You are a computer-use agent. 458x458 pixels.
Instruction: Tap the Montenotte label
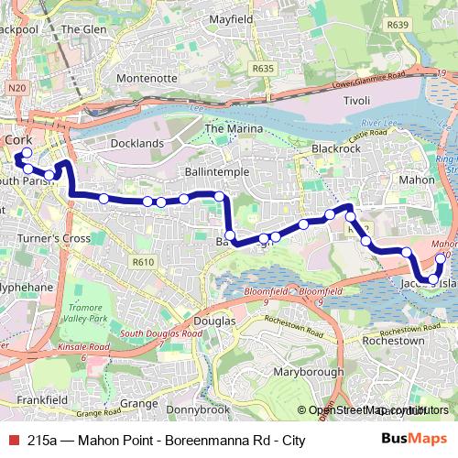(146, 79)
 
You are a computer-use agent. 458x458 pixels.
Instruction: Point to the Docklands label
(136, 143)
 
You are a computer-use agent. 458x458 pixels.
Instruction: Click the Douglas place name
(216, 322)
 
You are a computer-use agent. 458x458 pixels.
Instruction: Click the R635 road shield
(263, 68)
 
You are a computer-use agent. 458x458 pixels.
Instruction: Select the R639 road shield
(397, 26)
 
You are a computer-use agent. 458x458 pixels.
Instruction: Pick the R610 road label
(142, 262)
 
